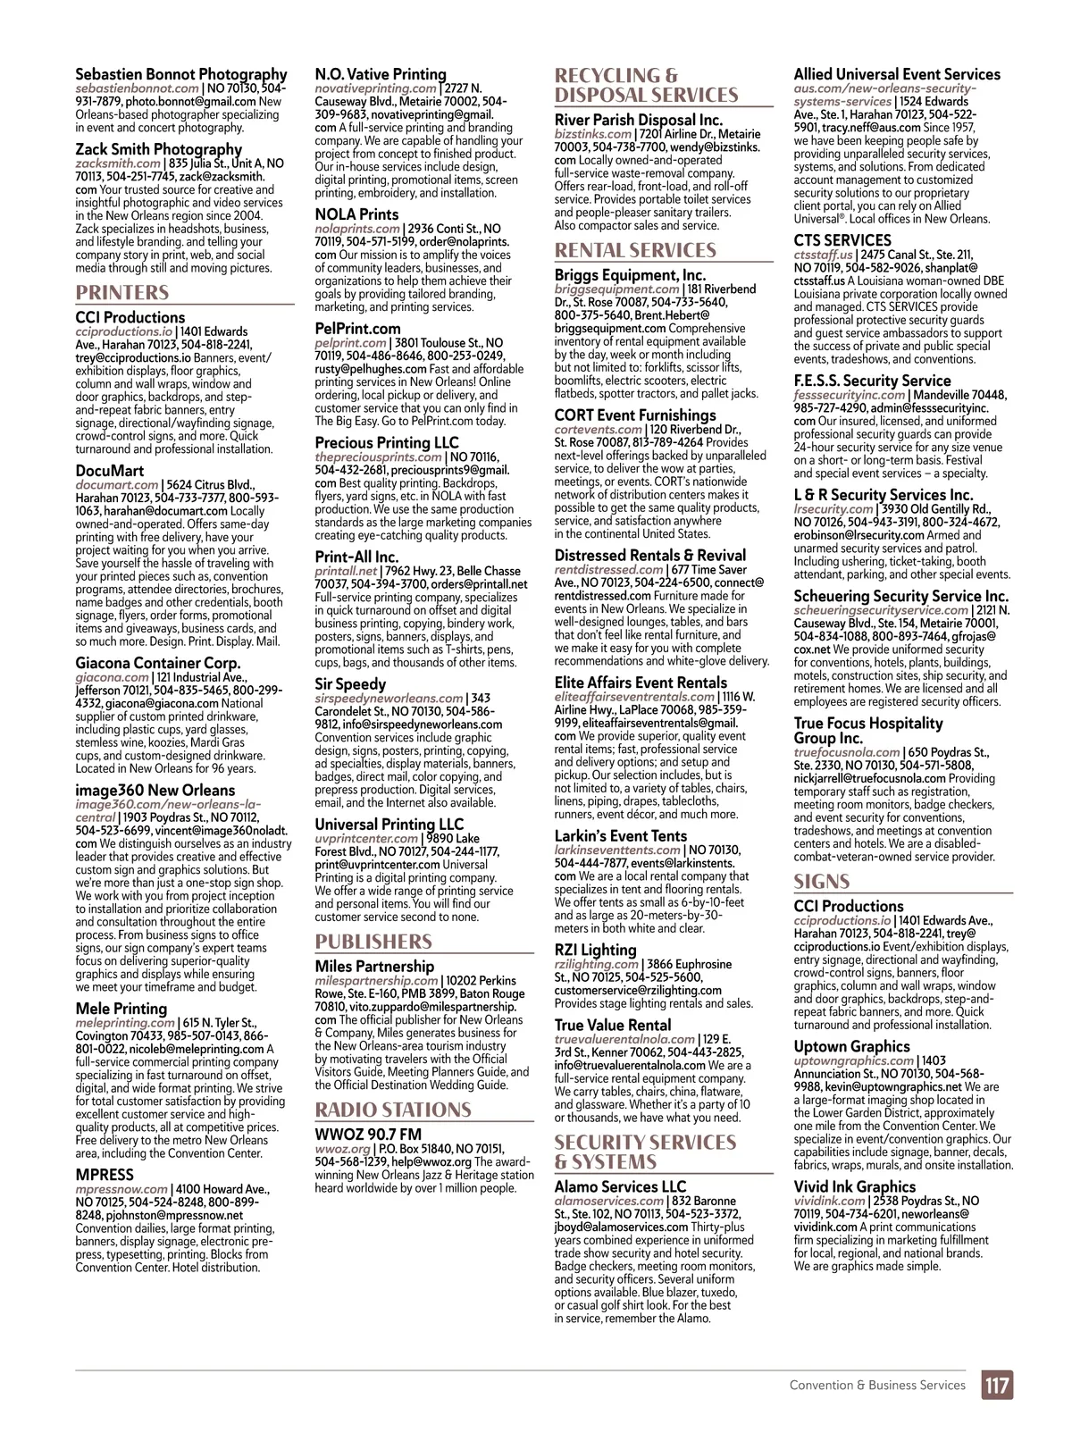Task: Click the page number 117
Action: (x=998, y=1386)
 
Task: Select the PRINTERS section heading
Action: (x=122, y=293)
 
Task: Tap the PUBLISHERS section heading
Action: (x=373, y=942)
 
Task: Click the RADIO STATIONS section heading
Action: (x=393, y=1110)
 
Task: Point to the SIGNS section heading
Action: (x=822, y=882)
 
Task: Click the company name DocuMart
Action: (x=109, y=471)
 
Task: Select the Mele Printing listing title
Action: (x=121, y=1009)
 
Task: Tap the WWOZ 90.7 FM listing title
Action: (x=368, y=1135)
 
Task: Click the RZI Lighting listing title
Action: (x=595, y=950)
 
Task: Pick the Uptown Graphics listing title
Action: (x=851, y=1046)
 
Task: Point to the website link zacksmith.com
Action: (x=118, y=163)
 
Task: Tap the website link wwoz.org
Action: (x=342, y=1149)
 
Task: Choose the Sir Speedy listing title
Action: (x=350, y=684)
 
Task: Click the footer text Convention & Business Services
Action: (x=877, y=1386)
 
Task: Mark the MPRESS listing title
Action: (x=105, y=1175)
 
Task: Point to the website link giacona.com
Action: (x=112, y=677)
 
